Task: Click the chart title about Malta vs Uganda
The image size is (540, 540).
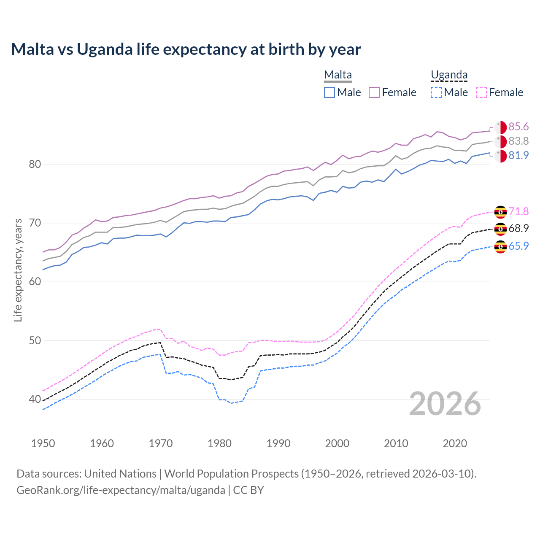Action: (x=186, y=49)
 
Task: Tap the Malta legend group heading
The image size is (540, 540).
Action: (x=337, y=75)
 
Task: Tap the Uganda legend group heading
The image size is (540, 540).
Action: (x=449, y=75)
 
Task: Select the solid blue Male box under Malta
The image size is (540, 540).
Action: (x=329, y=92)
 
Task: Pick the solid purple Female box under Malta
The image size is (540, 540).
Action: (x=374, y=92)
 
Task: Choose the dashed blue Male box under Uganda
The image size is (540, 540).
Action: (x=436, y=92)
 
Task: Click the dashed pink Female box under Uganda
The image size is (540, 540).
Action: (x=481, y=92)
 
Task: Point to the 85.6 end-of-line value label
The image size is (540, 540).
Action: (x=518, y=127)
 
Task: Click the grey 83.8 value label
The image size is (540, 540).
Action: (x=518, y=141)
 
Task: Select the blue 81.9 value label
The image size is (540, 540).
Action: (x=518, y=155)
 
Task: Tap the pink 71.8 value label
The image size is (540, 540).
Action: (x=518, y=211)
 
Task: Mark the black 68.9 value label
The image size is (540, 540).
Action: (x=518, y=228)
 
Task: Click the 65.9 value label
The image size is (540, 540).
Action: (x=518, y=246)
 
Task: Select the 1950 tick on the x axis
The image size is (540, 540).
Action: (x=43, y=443)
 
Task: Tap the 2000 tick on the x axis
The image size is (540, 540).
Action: (x=337, y=443)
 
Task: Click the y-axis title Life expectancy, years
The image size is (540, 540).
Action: (x=18, y=270)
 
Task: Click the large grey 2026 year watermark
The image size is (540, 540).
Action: (x=445, y=404)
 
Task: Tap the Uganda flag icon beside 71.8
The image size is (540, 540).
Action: (x=500, y=211)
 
